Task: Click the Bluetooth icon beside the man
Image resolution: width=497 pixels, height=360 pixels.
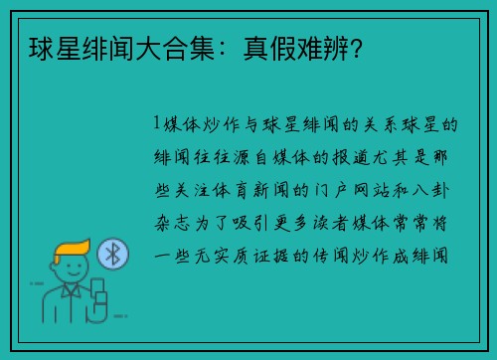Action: coord(113,256)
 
